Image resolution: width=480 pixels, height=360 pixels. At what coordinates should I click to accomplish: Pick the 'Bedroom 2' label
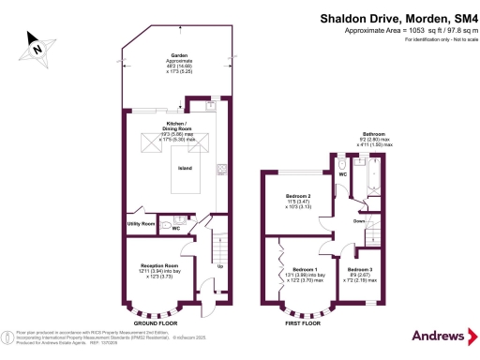point(298,196)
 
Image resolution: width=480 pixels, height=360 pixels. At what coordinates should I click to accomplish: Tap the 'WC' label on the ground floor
point(175,228)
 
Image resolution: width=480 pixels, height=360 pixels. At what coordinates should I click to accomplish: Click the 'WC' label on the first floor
point(343,174)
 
